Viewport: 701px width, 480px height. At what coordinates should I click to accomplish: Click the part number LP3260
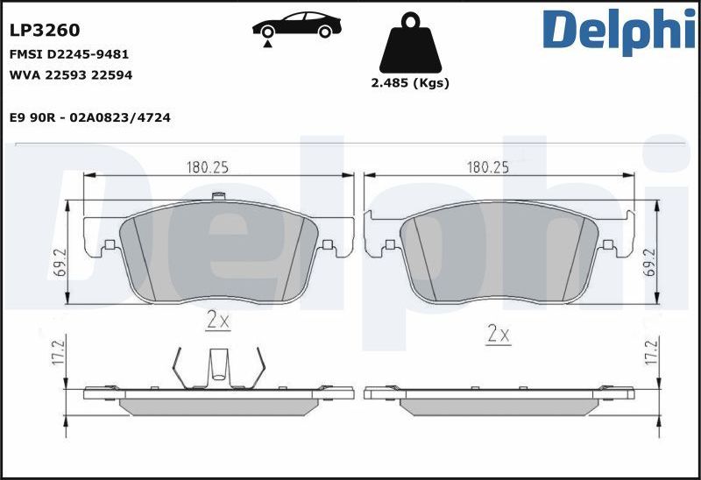pos(45,30)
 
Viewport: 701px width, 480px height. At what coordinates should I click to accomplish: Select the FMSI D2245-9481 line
pos(69,53)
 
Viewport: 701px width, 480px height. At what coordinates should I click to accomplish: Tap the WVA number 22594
pos(113,75)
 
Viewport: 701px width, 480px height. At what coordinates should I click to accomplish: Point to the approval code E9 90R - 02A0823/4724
pos(89,117)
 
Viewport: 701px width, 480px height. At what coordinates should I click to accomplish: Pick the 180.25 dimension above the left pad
pos(207,166)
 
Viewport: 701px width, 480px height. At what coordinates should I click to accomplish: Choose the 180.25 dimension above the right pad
pos(488,166)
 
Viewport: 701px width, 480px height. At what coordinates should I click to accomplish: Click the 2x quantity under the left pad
pos(217,321)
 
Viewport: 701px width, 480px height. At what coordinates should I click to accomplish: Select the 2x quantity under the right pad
pos(498,333)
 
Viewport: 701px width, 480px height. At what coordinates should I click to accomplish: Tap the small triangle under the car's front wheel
pos(266,42)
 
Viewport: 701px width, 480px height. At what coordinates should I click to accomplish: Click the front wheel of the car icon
pos(266,32)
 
